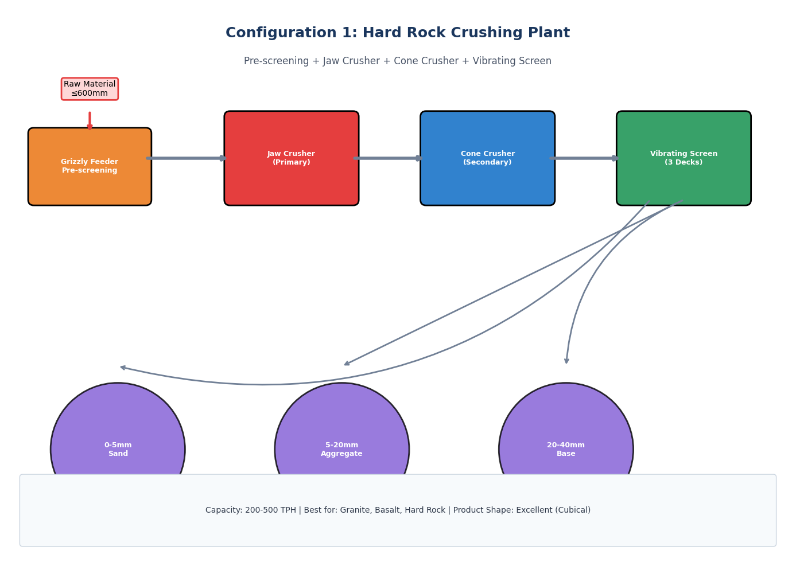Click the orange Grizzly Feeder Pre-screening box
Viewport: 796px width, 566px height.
90,166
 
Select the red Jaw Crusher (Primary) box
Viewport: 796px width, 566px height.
292,158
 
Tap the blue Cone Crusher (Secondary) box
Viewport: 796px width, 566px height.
487,158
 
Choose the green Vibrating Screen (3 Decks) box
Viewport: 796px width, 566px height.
684,158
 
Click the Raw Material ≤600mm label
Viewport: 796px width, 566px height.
90,89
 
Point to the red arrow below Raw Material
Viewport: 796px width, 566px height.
90,121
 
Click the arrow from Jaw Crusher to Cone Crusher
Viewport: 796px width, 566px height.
388,158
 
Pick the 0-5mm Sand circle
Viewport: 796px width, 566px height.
118,436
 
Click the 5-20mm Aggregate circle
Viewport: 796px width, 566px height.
342,436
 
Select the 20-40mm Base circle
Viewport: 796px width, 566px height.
566,436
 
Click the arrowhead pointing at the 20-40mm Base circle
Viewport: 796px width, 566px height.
566,361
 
